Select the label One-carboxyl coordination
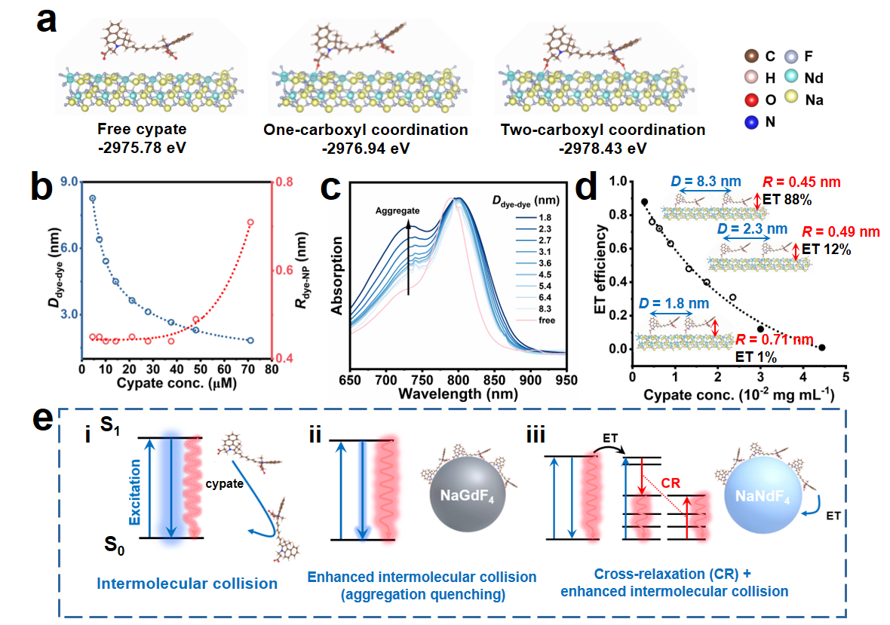click(365, 130)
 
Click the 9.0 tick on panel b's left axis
click(66, 182)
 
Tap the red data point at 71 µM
click(250, 222)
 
